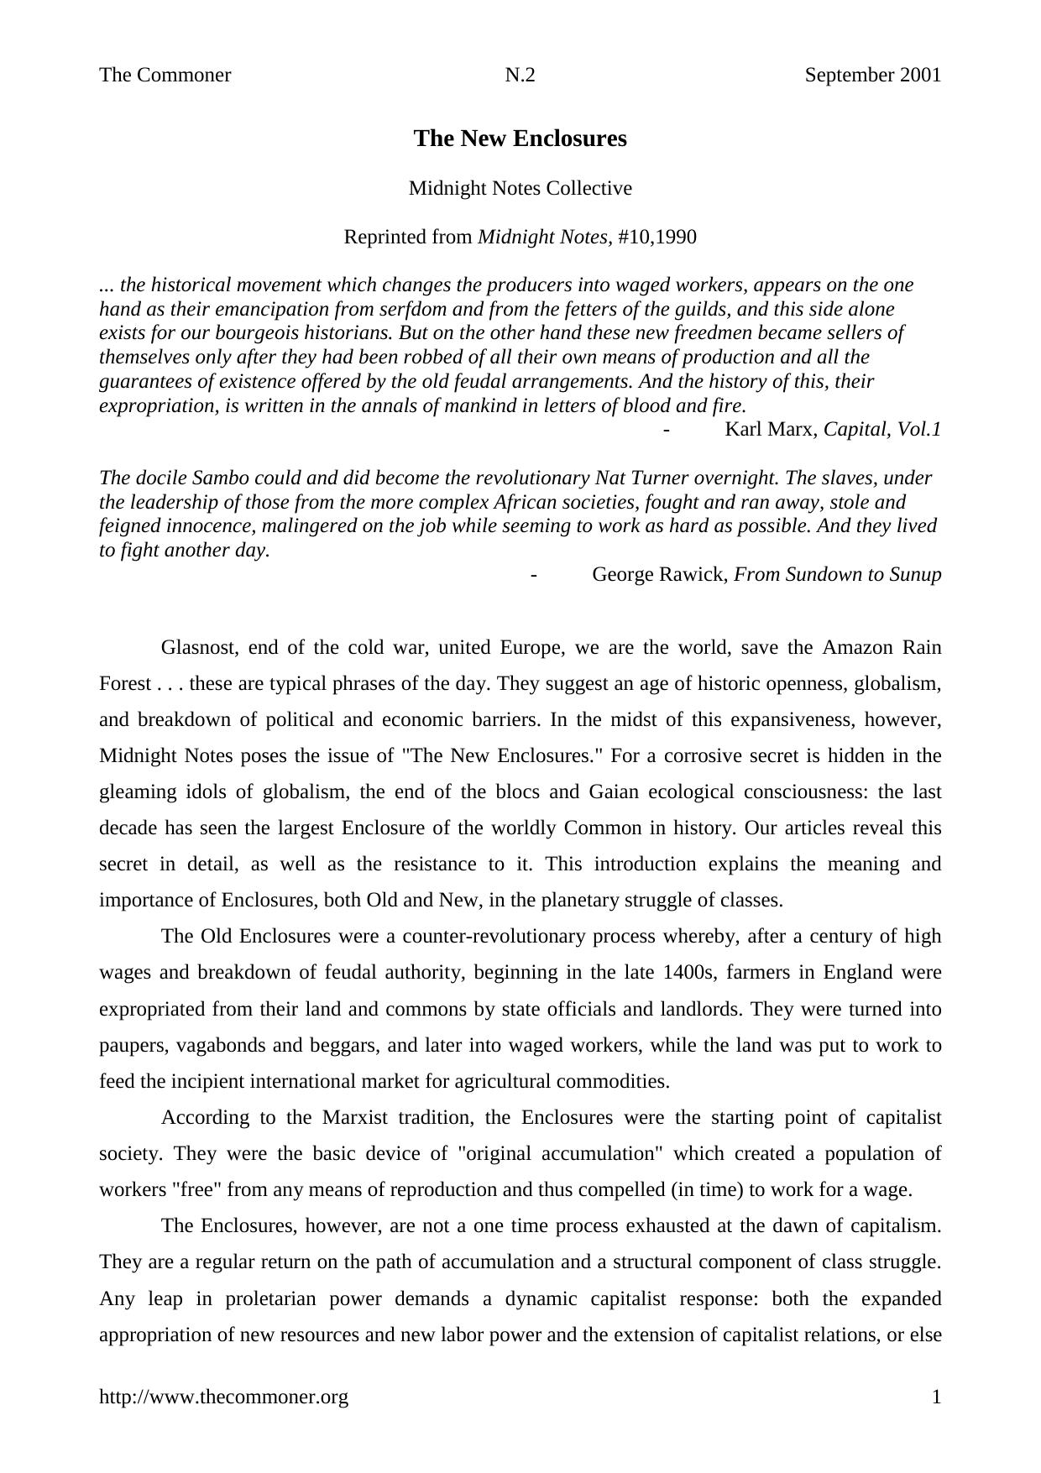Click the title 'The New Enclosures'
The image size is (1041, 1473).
(x=520, y=138)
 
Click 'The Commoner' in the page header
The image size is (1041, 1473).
(x=165, y=76)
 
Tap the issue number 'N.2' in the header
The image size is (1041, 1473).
(x=520, y=76)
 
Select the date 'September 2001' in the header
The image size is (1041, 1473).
(x=872, y=76)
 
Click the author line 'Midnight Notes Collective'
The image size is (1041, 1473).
(x=520, y=188)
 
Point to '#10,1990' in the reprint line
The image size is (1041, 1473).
(x=657, y=237)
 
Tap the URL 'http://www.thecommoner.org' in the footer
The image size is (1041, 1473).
(x=223, y=1397)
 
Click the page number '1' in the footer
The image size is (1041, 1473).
(x=936, y=1397)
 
